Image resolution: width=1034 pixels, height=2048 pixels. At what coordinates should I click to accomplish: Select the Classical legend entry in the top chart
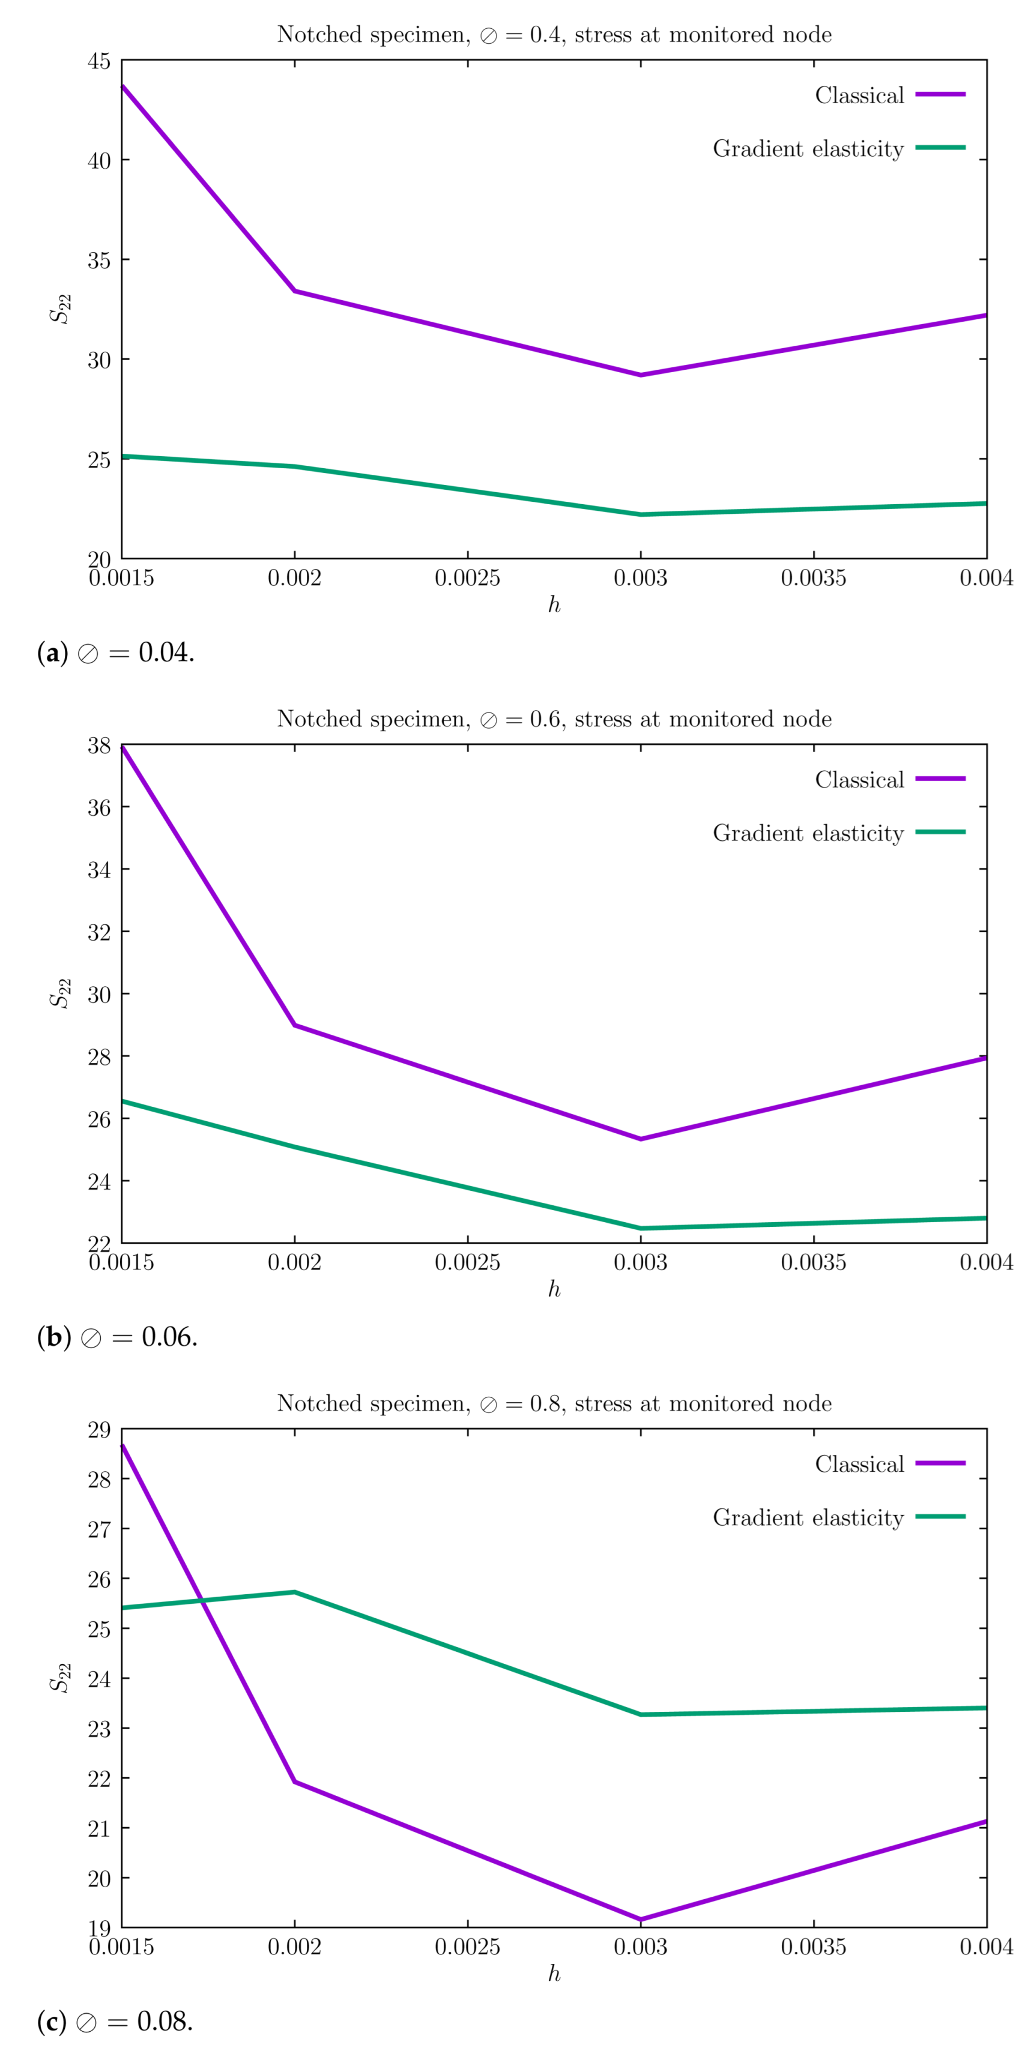pyautogui.click(x=859, y=95)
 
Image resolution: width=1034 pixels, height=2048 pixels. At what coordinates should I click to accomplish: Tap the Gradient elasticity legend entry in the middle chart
pyautogui.click(x=808, y=833)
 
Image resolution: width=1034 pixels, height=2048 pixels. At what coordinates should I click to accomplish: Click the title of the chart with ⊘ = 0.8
pyautogui.click(x=554, y=1403)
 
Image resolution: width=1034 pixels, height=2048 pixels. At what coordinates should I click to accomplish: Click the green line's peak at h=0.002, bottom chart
pyautogui.click(x=294, y=1592)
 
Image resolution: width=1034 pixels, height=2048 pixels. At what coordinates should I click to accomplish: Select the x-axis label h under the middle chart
pyautogui.click(x=554, y=1289)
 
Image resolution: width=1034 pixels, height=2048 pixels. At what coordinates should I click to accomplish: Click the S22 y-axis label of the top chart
pyautogui.click(x=61, y=309)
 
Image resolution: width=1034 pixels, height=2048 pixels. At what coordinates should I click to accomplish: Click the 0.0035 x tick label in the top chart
pyautogui.click(x=813, y=578)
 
